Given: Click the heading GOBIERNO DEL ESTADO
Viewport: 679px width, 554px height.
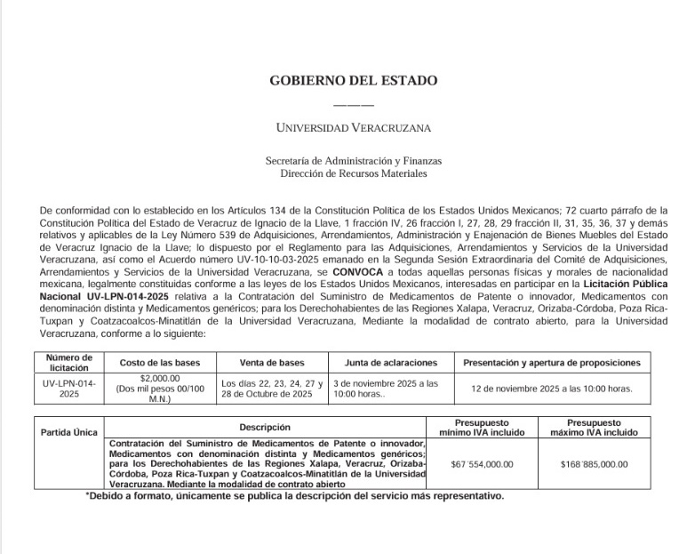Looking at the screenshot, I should click(353, 81).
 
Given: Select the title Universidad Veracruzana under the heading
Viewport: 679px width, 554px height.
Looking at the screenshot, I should click(353, 128).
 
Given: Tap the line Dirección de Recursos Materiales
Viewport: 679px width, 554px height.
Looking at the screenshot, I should click(353, 173).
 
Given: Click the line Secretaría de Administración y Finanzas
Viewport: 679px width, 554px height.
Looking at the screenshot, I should click(353, 161).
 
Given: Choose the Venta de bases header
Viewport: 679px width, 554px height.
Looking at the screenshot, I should click(272, 363).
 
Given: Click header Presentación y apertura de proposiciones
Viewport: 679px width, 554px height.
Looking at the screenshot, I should click(551, 363).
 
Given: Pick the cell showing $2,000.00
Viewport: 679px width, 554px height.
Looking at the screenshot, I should click(160, 378).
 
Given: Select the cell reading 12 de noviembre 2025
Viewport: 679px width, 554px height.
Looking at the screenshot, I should click(551, 389).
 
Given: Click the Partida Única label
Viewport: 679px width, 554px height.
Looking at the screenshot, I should click(69, 432).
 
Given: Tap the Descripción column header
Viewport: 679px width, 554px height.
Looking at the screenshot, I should click(265, 428).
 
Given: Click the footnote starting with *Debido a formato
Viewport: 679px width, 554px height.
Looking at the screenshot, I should click(294, 496).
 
